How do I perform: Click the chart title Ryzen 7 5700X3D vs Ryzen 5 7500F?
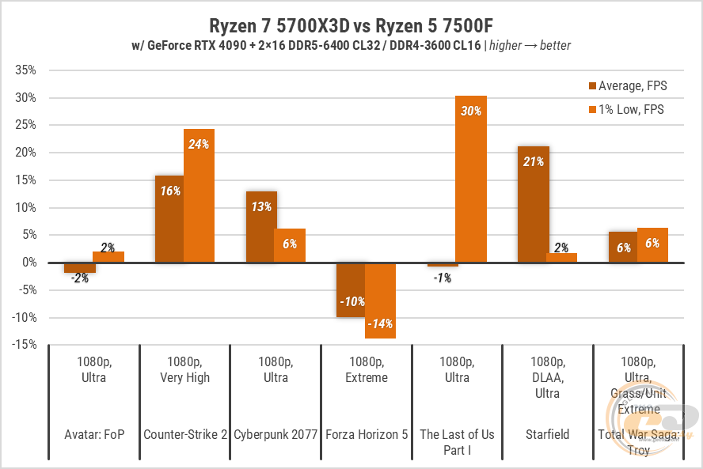pyautogui.click(x=351, y=25)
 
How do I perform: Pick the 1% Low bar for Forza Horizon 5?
pyautogui.click(x=380, y=301)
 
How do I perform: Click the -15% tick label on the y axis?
pyautogui.click(x=25, y=344)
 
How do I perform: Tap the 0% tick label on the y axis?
pyautogui.click(x=29, y=263)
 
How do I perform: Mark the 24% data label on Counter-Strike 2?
pyautogui.click(x=199, y=144)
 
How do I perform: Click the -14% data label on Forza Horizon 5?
pyautogui.click(x=380, y=323)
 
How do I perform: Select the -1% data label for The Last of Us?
pyautogui.click(x=442, y=278)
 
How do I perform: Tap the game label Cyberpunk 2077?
pyautogui.click(x=275, y=434)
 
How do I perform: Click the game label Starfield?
pyautogui.click(x=547, y=434)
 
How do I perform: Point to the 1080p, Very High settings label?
pyautogui.click(x=184, y=369)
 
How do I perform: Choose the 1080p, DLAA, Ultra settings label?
pyautogui.click(x=547, y=377)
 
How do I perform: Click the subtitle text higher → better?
pyautogui.click(x=530, y=45)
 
